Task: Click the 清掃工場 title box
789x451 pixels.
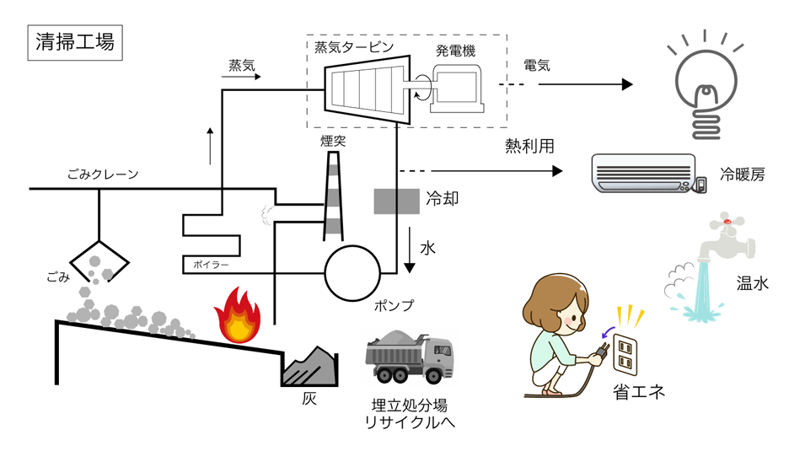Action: tap(76, 42)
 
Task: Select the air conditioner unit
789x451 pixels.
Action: tap(644, 172)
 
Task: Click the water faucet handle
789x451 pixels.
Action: tap(727, 226)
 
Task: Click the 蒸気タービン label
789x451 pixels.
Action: tap(353, 48)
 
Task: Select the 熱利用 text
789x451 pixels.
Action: tap(529, 147)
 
